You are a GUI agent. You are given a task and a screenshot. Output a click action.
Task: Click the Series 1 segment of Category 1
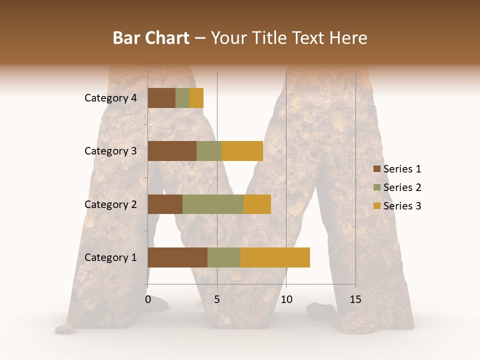point(177,257)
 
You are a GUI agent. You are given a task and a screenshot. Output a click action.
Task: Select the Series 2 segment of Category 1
point(224,257)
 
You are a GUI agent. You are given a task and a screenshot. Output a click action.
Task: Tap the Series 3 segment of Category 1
point(275,257)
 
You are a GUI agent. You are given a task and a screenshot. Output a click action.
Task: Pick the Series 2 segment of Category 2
point(213,204)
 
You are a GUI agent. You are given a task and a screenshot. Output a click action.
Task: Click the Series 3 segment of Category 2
point(257,204)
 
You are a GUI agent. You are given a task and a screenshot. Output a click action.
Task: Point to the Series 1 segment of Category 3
point(172,151)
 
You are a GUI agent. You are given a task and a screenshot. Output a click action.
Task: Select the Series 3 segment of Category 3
point(242,151)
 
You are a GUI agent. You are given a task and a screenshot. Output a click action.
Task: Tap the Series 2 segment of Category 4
point(182,98)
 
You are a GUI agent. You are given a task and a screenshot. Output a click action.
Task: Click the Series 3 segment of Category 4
point(196,98)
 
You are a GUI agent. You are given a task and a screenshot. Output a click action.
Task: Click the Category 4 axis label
point(110,98)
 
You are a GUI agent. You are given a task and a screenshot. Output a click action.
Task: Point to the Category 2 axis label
point(110,204)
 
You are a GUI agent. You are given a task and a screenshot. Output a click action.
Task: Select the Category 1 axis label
point(110,257)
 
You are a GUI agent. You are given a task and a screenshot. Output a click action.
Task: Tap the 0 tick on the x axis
point(148,299)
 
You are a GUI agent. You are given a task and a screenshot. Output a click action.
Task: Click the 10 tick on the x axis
point(286,299)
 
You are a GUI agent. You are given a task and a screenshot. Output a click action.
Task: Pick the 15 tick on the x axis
point(355,299)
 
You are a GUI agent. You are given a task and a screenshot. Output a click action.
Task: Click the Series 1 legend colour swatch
point(376,169)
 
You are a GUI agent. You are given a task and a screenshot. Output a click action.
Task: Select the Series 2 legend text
point(402,187)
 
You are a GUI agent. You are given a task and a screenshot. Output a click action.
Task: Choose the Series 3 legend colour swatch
point(376,206)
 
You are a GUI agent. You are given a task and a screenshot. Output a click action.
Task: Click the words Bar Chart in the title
point(151,38)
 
